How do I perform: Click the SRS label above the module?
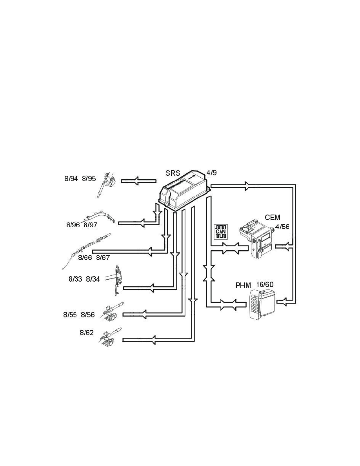pos(173,174)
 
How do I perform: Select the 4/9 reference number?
pos(211,173)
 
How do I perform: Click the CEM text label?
pos(273,217)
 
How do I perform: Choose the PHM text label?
pos(243,285)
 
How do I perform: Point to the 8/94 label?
pos(71,179)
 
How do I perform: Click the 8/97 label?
pos(91,225)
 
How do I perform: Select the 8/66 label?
pos(85,258)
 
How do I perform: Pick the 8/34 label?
pos(93,279)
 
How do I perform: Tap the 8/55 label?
pos(71,315)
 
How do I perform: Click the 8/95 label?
pos(89,179)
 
